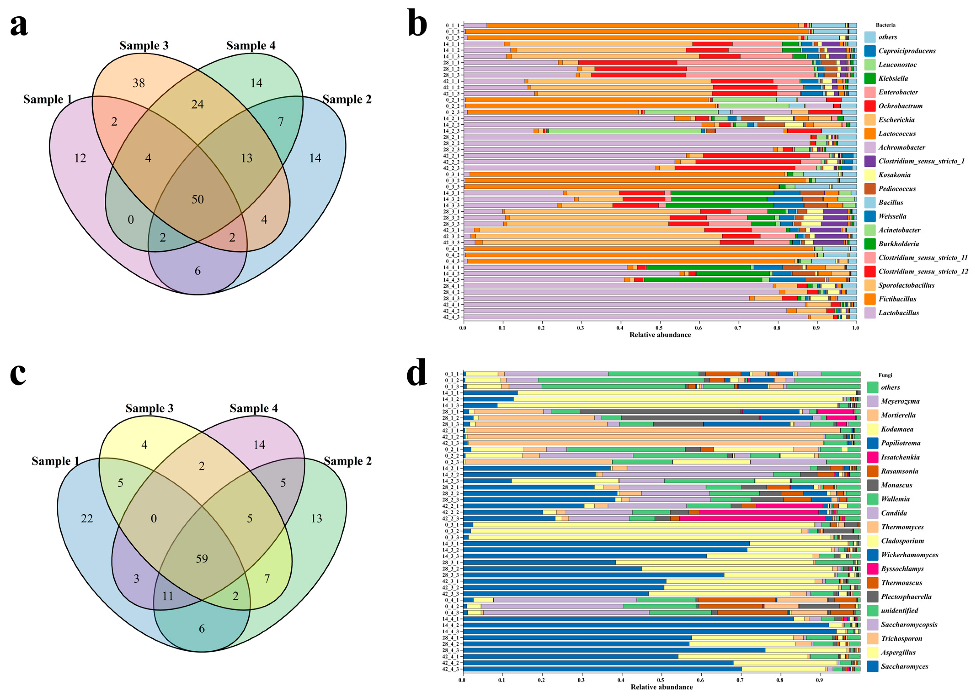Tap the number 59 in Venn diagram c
(202, 559)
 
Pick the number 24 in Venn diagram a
(197, 104)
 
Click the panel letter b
(417, 26)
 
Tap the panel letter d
(417, 374)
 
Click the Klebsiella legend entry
(893, 78)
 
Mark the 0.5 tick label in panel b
(659, 328)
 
